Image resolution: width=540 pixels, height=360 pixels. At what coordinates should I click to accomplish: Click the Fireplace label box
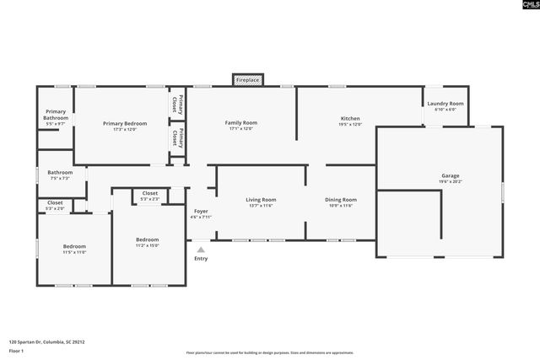248,80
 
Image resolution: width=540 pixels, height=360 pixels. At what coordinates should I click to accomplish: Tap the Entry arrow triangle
201,250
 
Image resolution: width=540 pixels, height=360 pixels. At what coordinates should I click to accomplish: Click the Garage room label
450,178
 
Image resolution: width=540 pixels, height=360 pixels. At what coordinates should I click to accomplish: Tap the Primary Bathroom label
57,115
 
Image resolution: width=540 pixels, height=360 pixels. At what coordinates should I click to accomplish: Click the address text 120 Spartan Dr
47,342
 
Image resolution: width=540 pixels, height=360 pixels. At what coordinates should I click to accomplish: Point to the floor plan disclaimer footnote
270,352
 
